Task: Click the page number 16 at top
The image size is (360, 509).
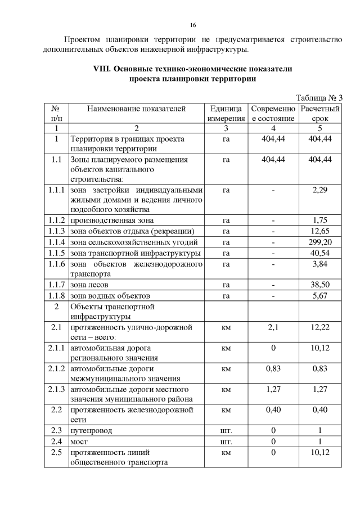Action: click(x=192, y=26)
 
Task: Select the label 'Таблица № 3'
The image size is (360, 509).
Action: click(x=319, y=98)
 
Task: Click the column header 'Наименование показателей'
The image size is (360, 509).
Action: click(x=136, y=109)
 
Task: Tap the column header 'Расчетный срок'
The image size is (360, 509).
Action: click(x=320, y=114)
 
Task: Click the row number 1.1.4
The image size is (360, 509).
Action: click(x=56, y=241)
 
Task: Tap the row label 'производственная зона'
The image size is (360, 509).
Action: click(x=111, y=220)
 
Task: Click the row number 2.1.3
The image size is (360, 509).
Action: click(x=56, y=389)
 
